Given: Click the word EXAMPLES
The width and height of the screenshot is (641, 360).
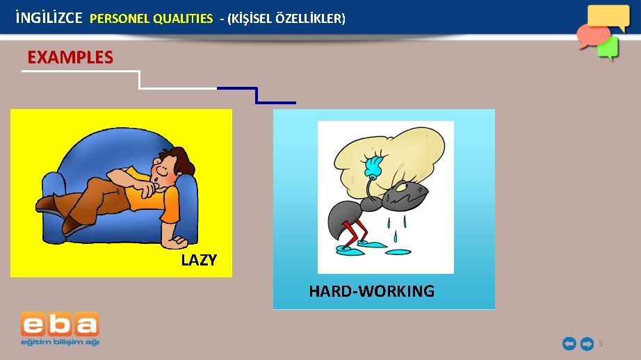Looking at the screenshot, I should tap(70, 57).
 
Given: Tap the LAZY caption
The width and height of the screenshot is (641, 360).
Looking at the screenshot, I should tap(199, 261).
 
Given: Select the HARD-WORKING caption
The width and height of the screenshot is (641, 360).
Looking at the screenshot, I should tap(371, 291).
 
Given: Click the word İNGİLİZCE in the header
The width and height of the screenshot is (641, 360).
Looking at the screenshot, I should tap(49, 18).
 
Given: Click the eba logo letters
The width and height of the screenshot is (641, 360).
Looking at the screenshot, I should tap(60, 325).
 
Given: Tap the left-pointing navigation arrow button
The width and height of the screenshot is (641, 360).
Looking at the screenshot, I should tap(569, 343).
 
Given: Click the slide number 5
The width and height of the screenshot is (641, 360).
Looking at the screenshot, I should tap(601, 343).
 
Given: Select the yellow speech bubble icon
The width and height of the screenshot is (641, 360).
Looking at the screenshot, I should tap(608, 16).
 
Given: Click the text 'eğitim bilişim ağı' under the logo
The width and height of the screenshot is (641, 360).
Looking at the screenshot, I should tap(60, 343).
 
